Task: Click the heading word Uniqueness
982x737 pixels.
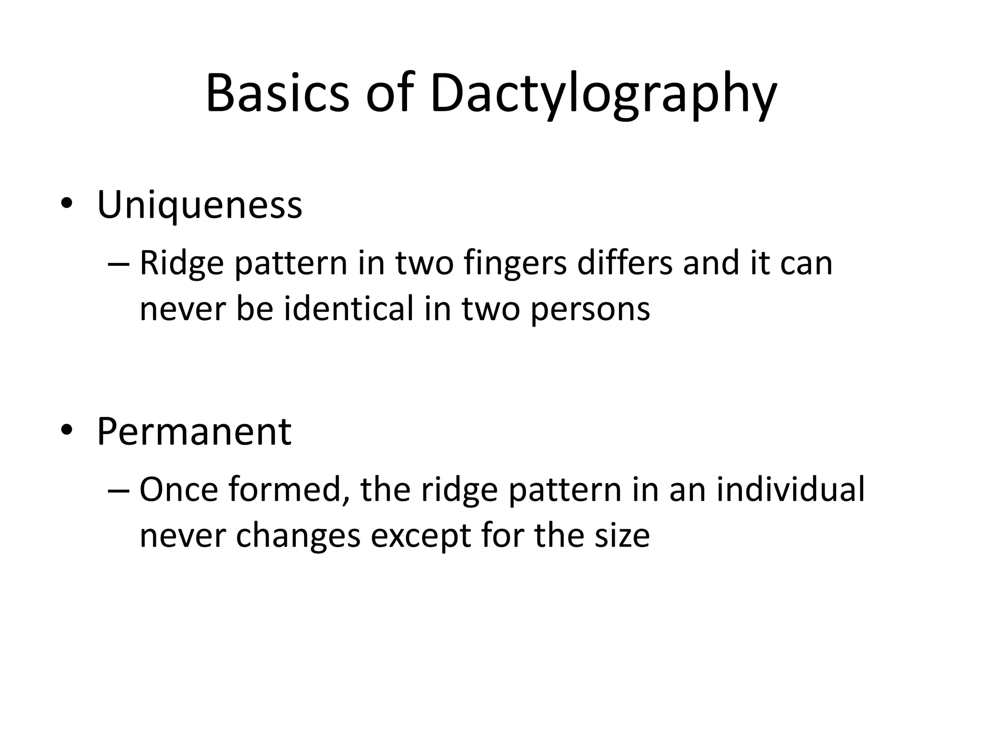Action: (199, 205)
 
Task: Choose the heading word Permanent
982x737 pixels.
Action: (194, 431)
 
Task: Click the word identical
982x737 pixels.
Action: (349, 309)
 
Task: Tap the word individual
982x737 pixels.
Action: (791, 490)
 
